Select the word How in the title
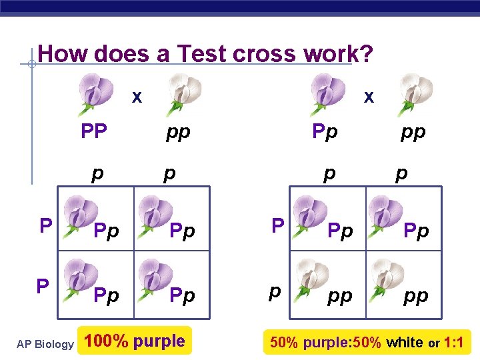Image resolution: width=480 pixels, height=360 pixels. pos(64,53)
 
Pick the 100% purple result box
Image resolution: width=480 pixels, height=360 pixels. pos(135,341)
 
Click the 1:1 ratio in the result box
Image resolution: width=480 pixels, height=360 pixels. pos(455,343)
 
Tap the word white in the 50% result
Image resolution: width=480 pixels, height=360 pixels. pos(405,343)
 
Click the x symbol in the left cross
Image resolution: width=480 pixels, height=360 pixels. pos(137,97)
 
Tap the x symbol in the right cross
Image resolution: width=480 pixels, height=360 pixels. pos(369,97)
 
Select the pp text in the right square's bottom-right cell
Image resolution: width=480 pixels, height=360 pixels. pos(416,295)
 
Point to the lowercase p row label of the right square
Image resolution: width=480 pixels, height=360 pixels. pos(274,291)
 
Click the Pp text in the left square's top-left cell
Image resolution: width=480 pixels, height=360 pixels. pos(107,231)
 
